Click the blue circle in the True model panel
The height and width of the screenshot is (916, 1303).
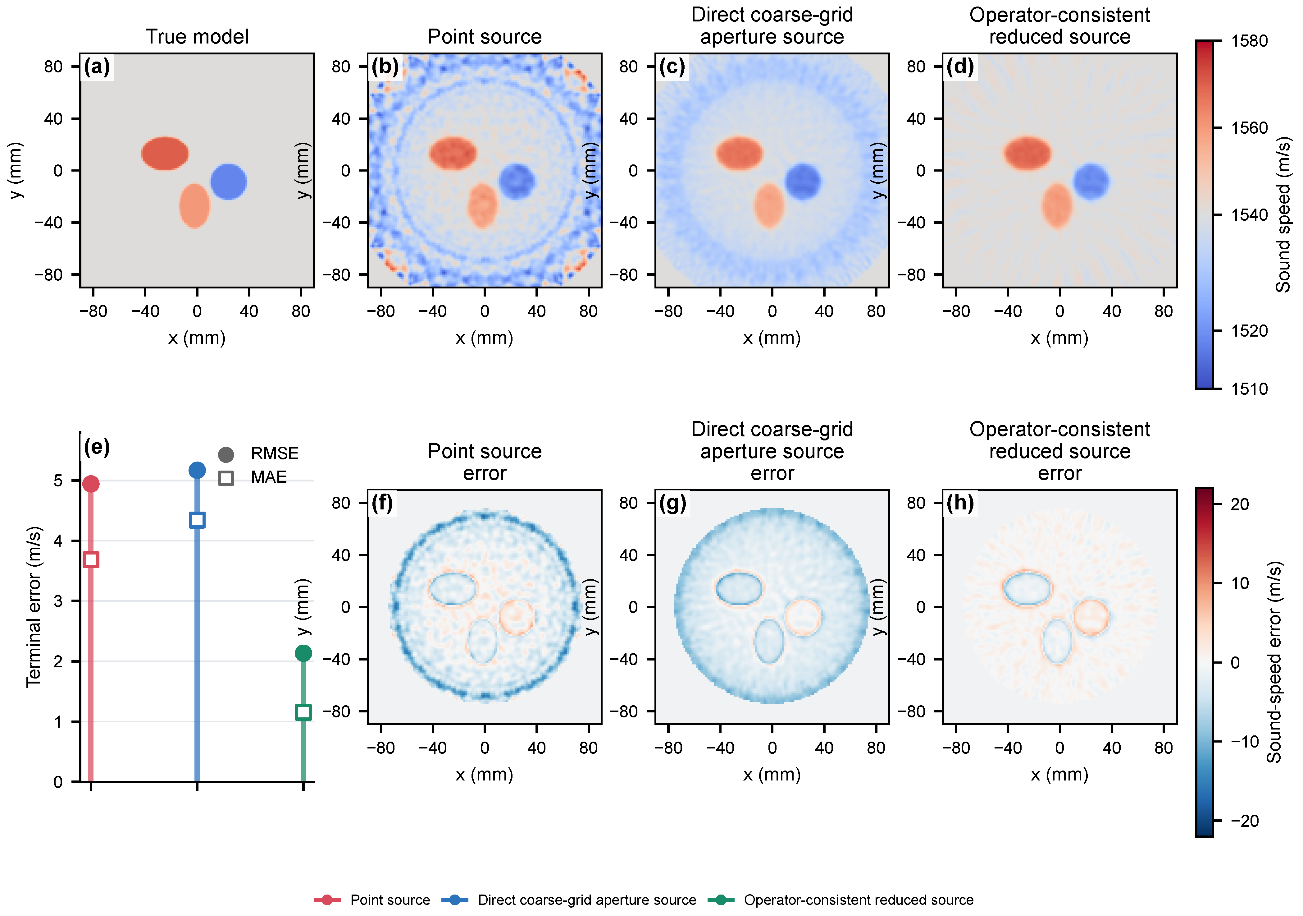point(228,182)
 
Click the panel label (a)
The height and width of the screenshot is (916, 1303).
point(97,67)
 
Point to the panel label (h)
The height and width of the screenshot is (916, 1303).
point(960,503)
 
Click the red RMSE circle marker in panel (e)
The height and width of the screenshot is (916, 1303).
point(91,484)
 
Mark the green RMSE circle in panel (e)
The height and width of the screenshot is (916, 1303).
point(303,653)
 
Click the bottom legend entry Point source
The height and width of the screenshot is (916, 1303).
point(372,900)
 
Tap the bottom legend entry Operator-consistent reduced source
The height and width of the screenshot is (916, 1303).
point(841,900)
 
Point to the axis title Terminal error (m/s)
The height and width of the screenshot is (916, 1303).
point(34,606)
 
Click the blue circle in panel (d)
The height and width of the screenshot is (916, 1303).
point(1090,182)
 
